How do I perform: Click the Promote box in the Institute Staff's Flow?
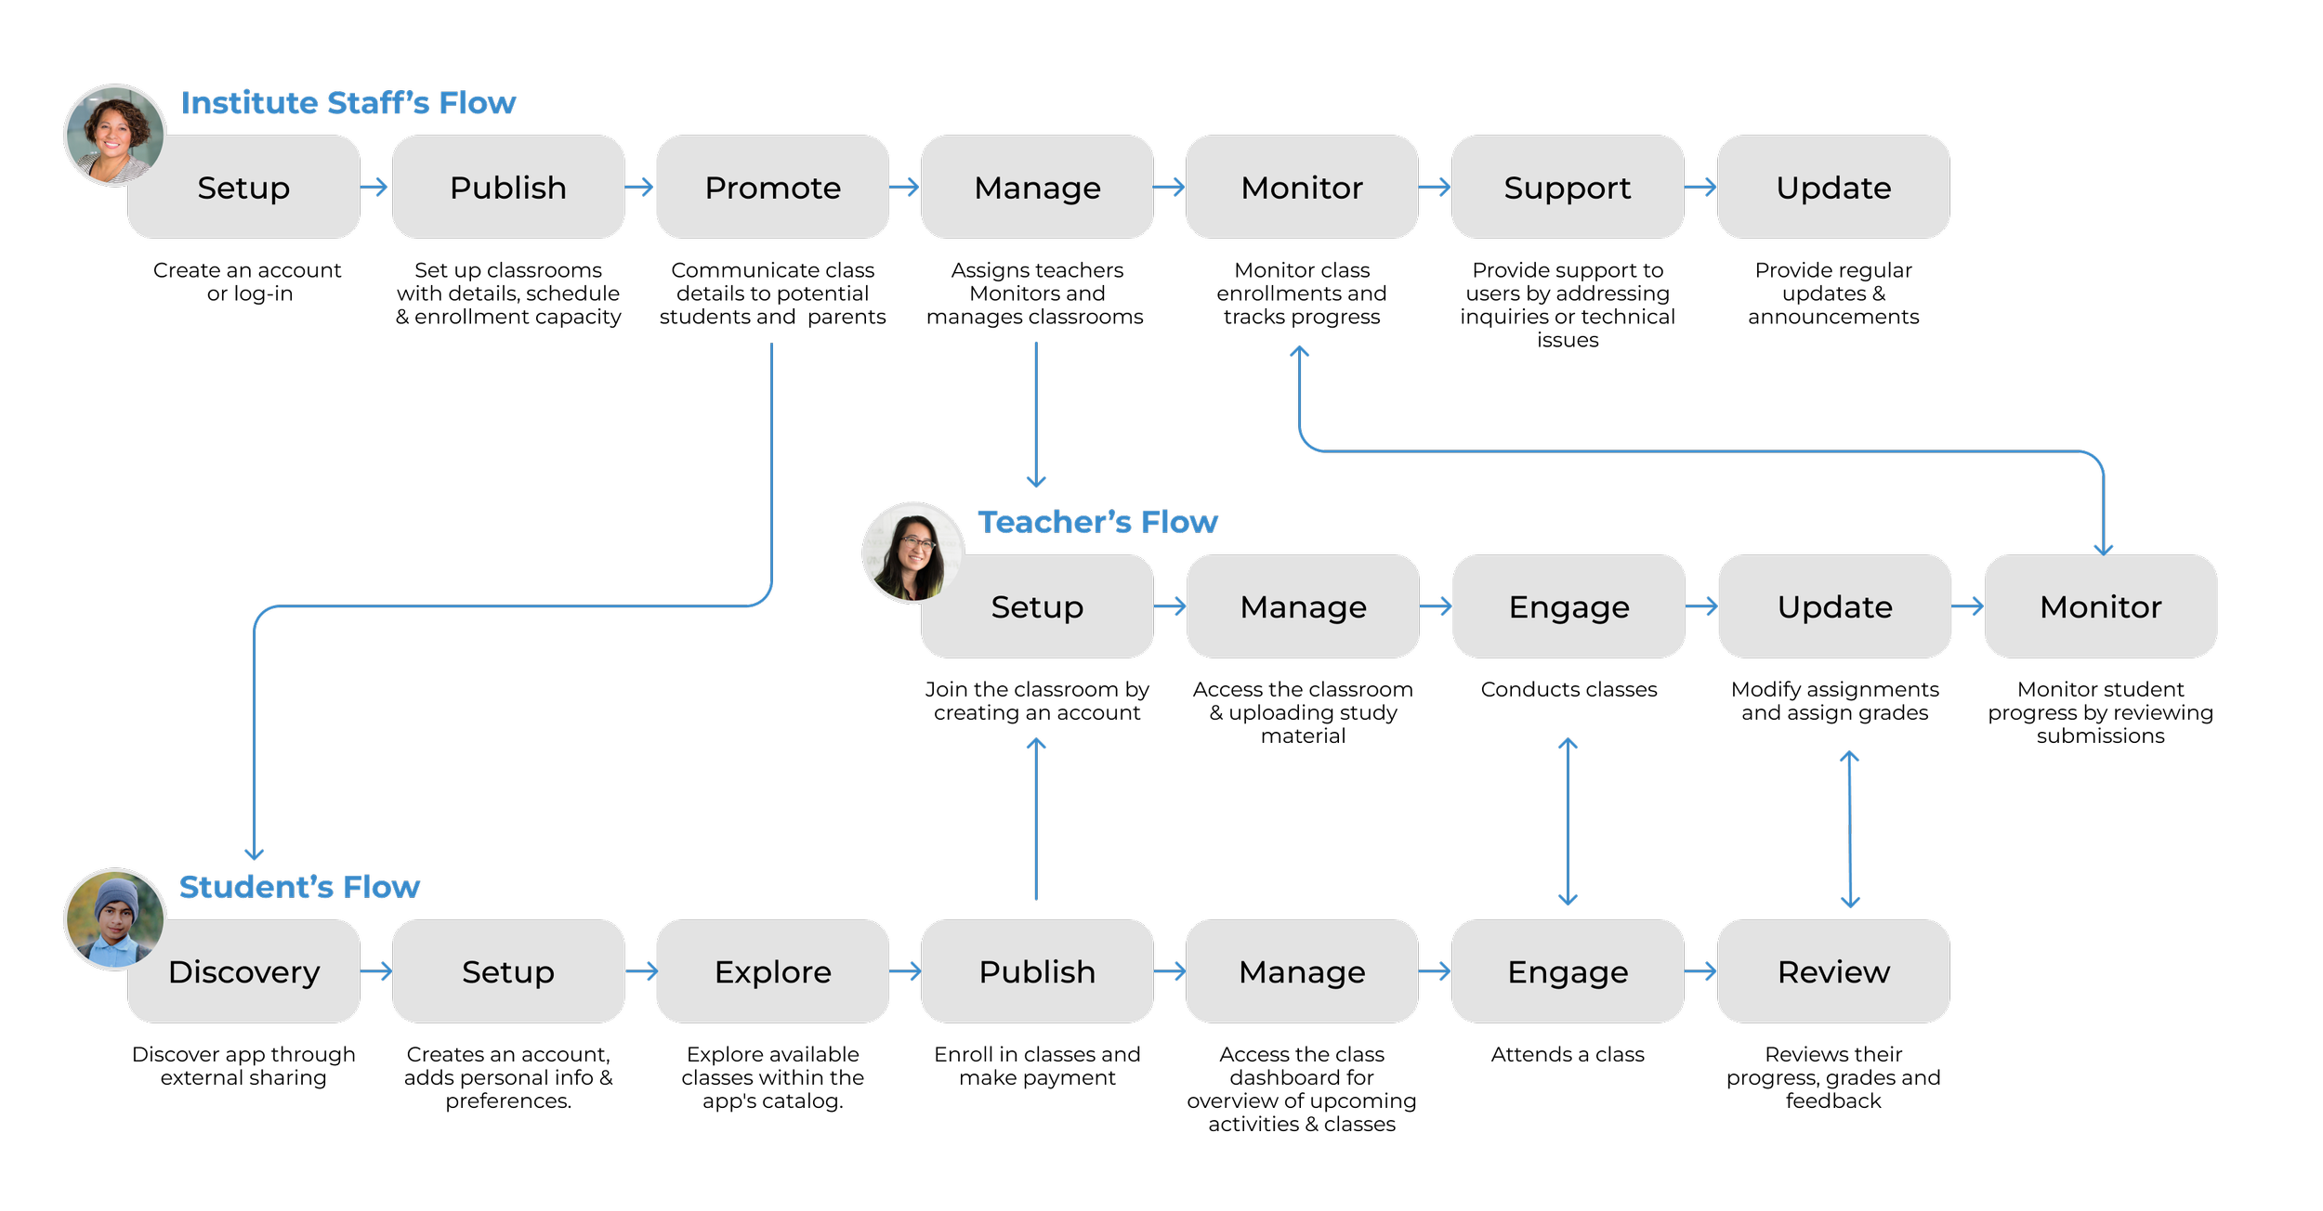coord(772,188)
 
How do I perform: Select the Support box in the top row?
coord(1567,188)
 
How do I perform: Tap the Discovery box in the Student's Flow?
coord(243,971)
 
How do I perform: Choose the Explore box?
coord(772,971)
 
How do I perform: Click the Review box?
coord(1832,971)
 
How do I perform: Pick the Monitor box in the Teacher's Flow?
coord(2100,606)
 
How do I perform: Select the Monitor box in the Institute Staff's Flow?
coord(1301,188)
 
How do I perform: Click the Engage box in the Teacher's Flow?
coord(1568,606)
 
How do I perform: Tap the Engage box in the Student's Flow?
coord(1567,971)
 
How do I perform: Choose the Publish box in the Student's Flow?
coord(1037,971)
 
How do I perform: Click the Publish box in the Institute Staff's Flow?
coord(507,188)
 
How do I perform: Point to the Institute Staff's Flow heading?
coord(348,102)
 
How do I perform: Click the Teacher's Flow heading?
coord(1097,522)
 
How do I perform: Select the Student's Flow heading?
coord(299,887)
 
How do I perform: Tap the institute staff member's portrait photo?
coord(114,136)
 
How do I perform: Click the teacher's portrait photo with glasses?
coord(913,553)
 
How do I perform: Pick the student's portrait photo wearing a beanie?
coord(114,919)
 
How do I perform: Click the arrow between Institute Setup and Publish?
coord(374,188)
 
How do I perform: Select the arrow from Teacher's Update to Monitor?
coord(1967,606)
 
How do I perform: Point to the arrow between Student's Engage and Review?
coord(1700,971)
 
